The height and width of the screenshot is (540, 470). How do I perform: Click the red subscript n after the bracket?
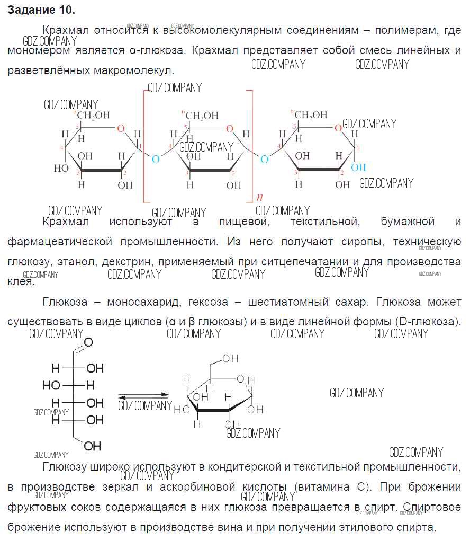click(x=259, y=197)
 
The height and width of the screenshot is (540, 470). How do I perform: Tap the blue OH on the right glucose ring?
click(x=358, y=167)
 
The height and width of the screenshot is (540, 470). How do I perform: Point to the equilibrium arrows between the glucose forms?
click(x=143, y=396)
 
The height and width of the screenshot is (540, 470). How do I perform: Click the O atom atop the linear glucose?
click(x=88, y=342)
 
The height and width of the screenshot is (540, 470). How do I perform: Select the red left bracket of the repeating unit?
click(x=144, y=146)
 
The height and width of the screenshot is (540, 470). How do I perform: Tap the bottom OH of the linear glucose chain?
click(x=92, y=446)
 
